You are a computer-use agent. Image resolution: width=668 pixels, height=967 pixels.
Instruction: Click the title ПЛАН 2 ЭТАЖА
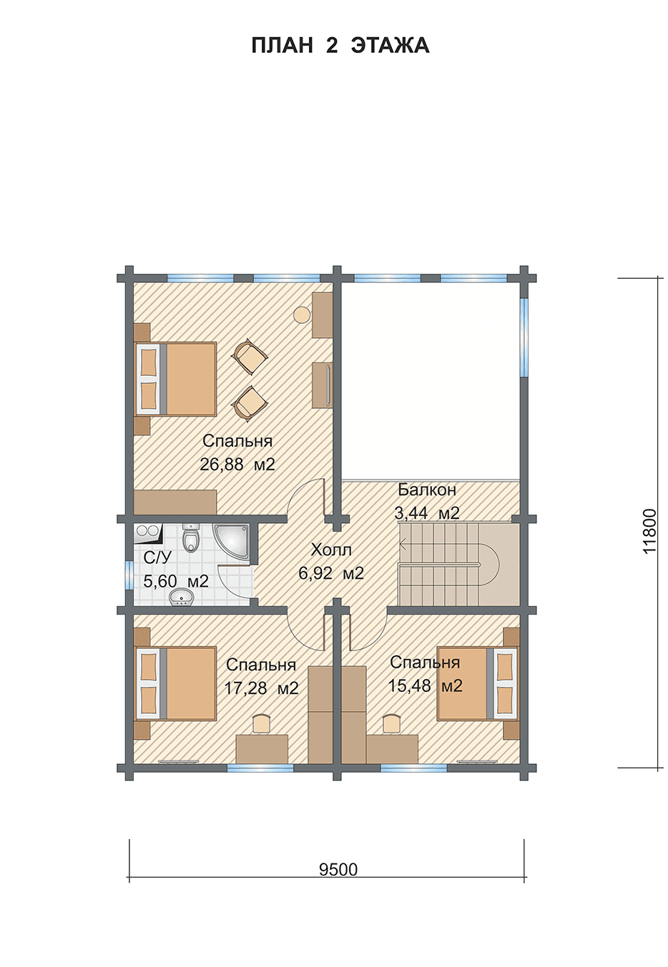point(340,45)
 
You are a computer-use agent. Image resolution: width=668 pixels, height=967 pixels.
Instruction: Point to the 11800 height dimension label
point(649,532)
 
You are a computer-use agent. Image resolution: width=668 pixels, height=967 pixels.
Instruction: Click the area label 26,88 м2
point(237,465)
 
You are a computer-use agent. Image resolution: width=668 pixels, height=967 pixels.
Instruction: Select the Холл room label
point(331,550)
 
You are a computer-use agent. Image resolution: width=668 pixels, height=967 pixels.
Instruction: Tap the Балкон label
point(427,490)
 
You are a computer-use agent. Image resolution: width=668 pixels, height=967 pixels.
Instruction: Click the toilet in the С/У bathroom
point(190,538)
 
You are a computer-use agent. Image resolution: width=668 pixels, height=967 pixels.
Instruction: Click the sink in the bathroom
point(182,598)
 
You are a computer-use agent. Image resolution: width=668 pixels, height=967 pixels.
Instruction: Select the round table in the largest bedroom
point(302,314)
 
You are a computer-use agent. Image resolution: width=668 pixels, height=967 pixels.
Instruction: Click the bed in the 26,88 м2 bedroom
point(176,379)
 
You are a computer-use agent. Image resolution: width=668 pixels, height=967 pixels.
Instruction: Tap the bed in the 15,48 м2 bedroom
point(478,684)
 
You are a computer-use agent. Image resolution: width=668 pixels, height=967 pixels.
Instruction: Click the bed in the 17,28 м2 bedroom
point(176,684)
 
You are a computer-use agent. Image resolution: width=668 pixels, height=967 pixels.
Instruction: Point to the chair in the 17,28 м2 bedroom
point(262,723)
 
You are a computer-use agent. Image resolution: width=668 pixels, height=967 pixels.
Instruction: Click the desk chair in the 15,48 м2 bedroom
point(391,723)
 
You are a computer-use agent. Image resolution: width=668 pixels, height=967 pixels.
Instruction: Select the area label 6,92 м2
point(331,573)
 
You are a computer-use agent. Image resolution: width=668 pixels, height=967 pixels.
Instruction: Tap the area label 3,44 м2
point(427,513)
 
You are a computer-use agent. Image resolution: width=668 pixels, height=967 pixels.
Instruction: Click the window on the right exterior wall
point(524,337)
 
